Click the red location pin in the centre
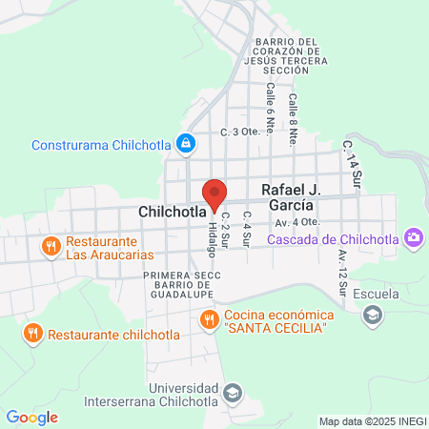[215, 194]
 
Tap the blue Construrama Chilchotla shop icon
[186, 145]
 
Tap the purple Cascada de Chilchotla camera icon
[413, 237]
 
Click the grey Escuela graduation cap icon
[371, 314]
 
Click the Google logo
[31, 418]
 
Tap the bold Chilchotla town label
[172, 210]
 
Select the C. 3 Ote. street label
[240, 132]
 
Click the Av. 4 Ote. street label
[294, 222]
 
